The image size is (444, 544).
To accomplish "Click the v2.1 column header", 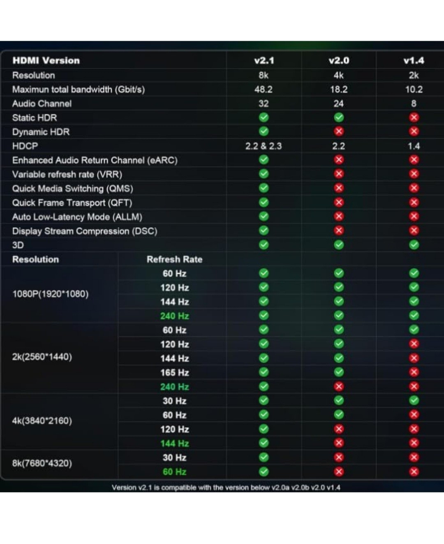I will click(264, 60).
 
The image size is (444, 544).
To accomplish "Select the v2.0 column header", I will click(339, 60).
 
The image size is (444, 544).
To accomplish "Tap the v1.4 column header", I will click(414, 60).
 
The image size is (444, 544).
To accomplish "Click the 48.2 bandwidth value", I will click(264, 89).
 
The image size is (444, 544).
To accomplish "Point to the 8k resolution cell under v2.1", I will click(264, 75).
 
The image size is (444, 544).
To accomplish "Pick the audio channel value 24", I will click(339, 104).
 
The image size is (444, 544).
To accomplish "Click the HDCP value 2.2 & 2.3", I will click(264, 146).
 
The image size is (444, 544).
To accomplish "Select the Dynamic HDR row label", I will click(41, 132).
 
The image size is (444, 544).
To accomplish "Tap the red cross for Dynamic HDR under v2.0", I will click(339, 132).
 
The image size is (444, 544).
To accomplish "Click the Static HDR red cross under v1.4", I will click(414, 118).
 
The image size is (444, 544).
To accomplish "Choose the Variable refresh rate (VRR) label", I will click(67, 174).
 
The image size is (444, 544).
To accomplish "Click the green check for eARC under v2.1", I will click(264, 160).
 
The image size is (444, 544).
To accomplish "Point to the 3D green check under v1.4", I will click(414, 245).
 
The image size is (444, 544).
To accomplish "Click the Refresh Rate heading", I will click(174, 260).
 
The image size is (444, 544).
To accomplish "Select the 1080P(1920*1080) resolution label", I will click(51, 294).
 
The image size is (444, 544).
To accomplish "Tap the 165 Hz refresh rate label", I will click(174, 373).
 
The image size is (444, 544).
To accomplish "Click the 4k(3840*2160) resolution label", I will click(42, 421).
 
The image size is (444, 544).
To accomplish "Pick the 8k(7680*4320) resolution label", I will click(42, 463).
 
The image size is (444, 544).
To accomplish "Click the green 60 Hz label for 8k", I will click(174, 472).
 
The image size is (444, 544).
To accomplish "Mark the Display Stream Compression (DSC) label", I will click(85, 231).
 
